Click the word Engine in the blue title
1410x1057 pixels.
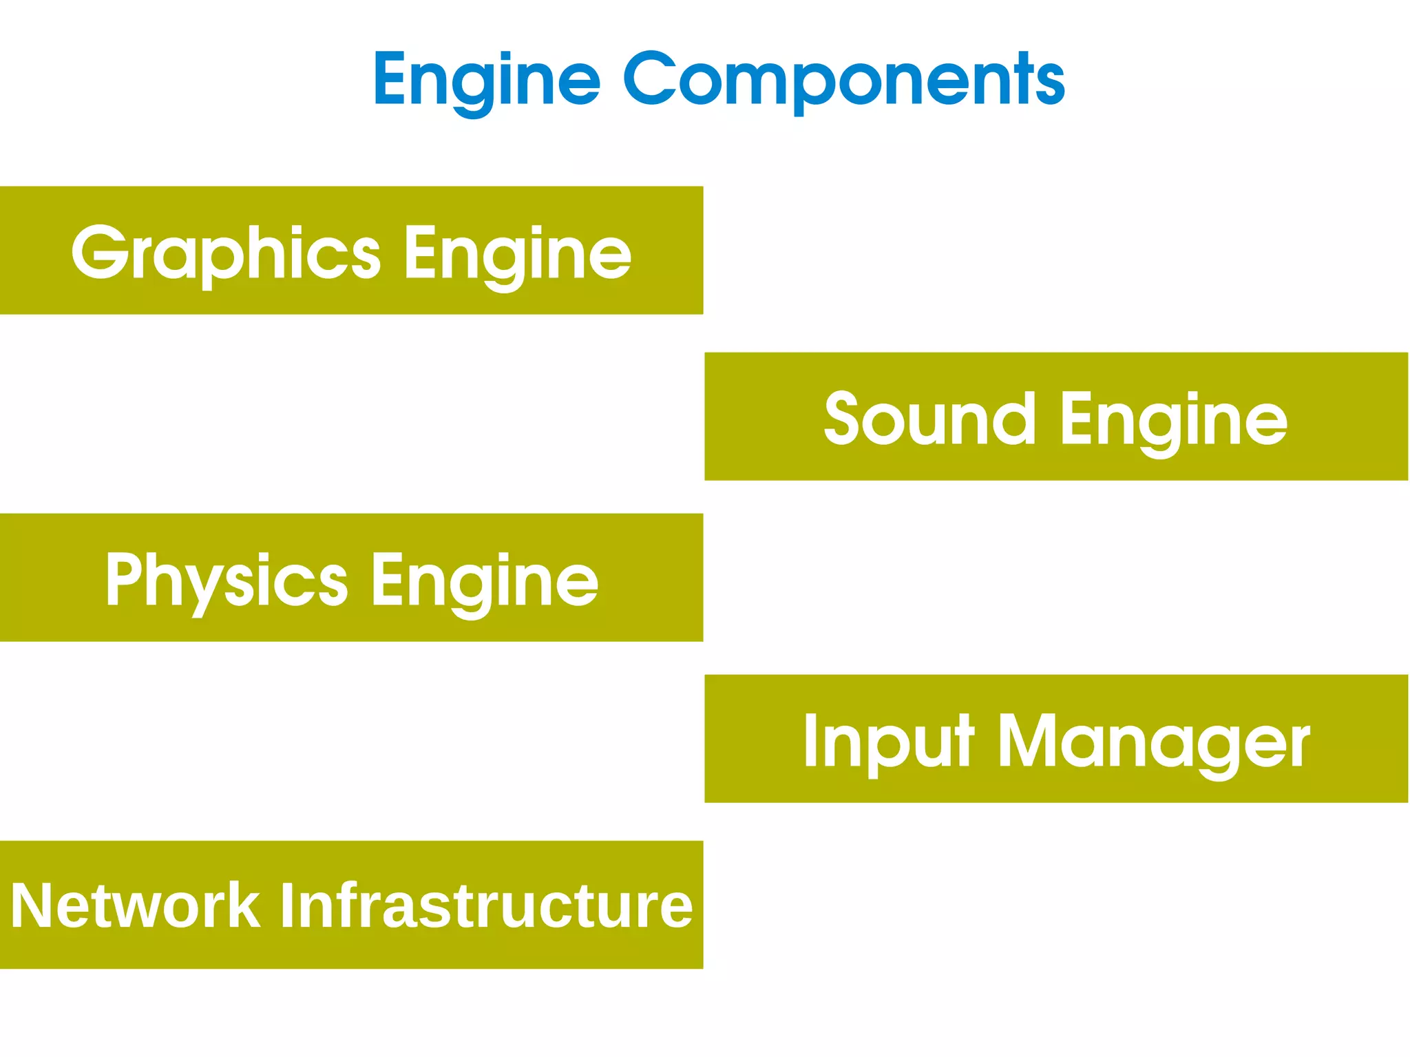coord(487,81)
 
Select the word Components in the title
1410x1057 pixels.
coord(844,81)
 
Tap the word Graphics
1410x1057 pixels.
coord(226,253)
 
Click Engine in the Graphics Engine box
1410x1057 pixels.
coord(517,254)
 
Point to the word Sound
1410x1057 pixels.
coord(929,418)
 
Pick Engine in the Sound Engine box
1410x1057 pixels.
coord(1173,419)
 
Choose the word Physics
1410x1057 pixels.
coord(227,580)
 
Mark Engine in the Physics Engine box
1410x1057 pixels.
coord(485,581)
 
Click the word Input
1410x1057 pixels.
coord(889,742)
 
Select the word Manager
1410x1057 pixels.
coord(1154,742)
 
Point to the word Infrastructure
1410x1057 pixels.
coord(486,906)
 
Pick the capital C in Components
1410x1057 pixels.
coord(653,79)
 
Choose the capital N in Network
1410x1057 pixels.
coord(33,906)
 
